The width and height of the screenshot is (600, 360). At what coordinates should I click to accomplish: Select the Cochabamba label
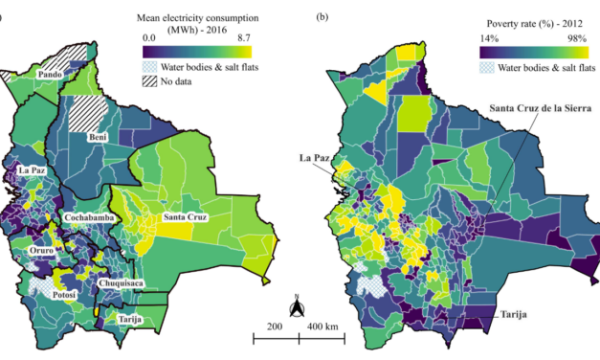point(94,218)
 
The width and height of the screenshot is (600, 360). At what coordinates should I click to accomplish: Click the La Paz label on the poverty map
point(316,156)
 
